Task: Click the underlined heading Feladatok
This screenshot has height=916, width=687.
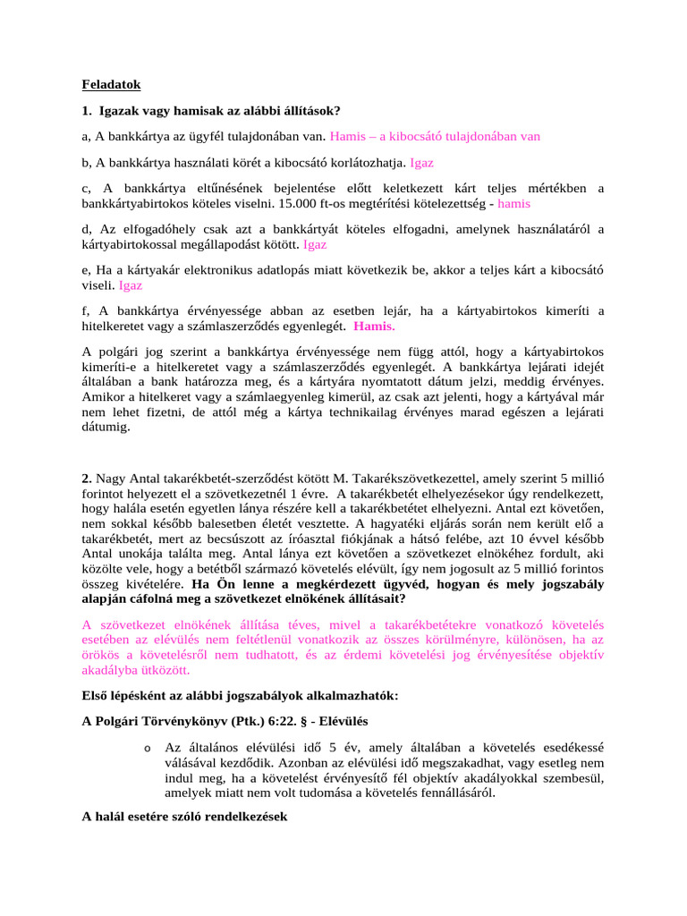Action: coord(112,85)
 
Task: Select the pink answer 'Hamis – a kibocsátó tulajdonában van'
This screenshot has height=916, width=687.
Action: coord(435,137)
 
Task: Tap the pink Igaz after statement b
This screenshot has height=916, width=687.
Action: coord(422,163)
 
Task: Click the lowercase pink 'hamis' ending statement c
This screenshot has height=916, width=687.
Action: coord(513,203)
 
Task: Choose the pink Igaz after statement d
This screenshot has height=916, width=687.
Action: coord(315,243)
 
